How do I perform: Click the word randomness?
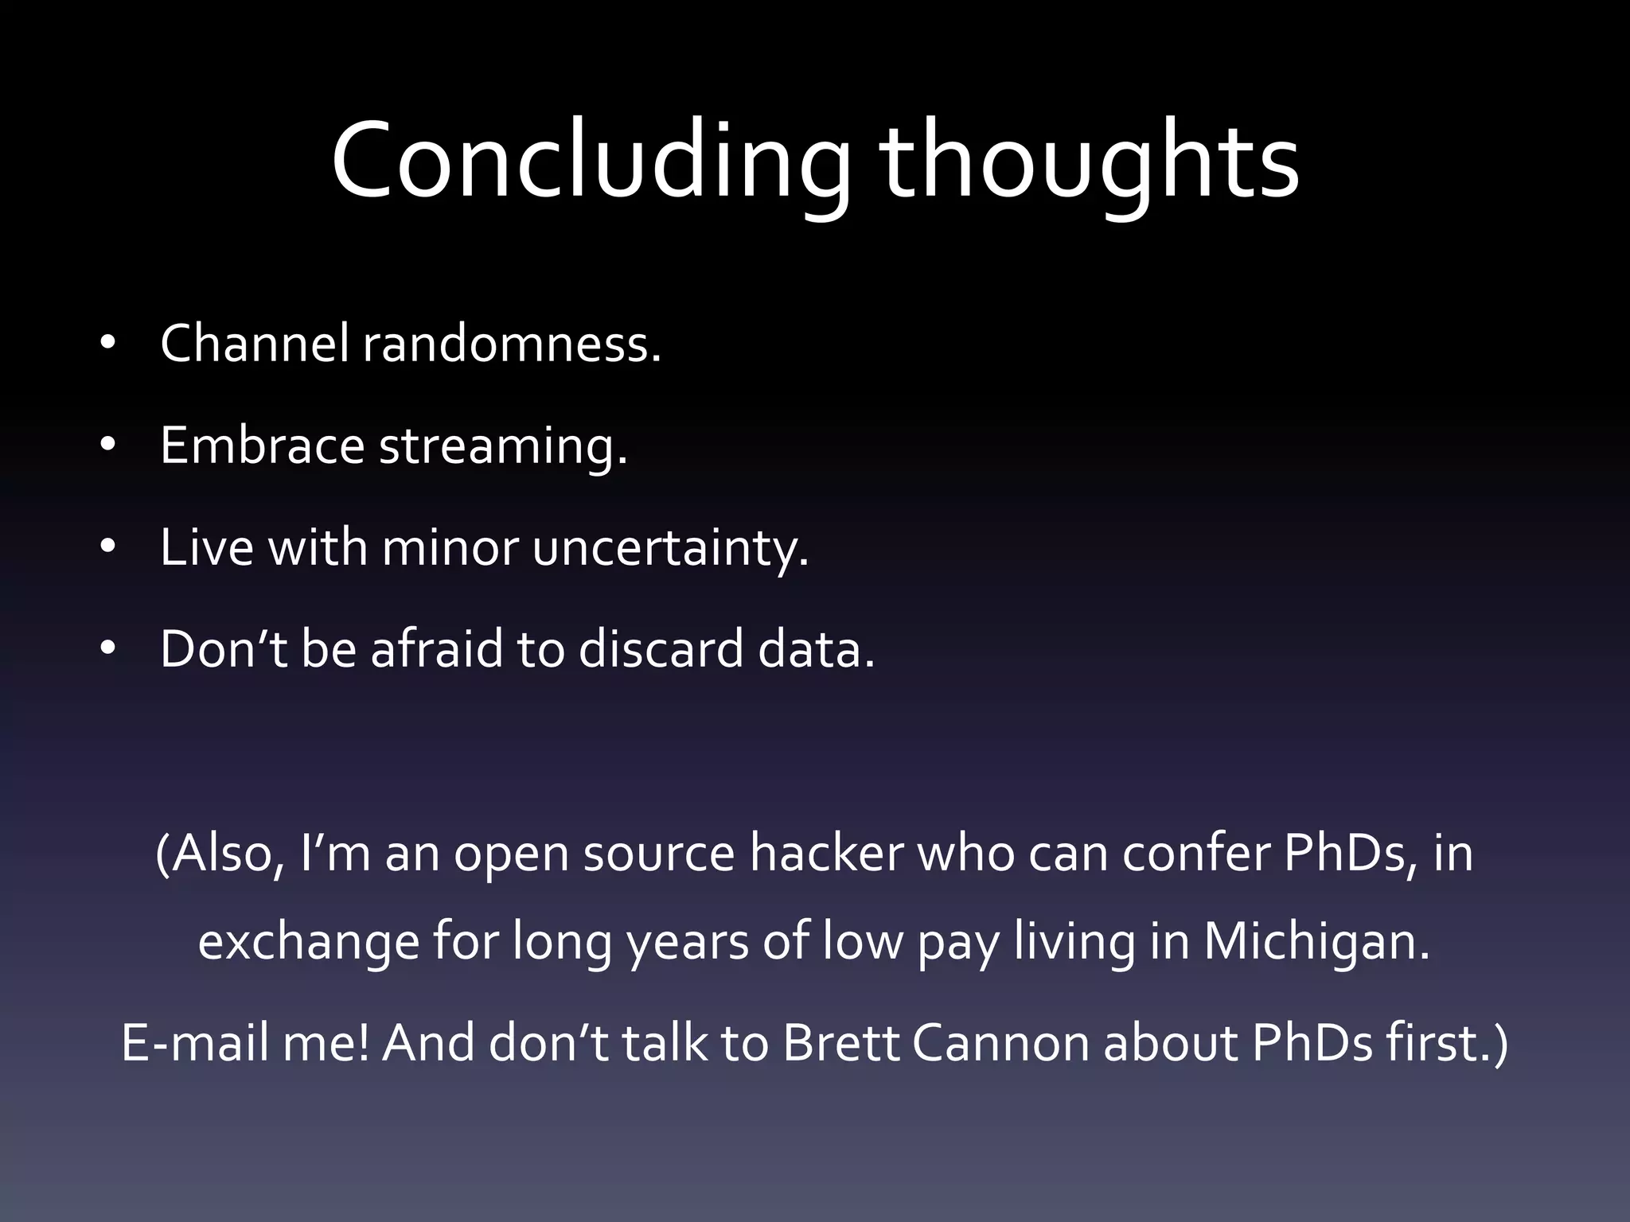512,344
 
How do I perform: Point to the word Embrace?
262,446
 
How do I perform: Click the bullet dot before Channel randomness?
108,345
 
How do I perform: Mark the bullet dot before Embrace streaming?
108,447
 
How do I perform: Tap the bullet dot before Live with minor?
108,548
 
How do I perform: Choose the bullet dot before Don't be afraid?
108,650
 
